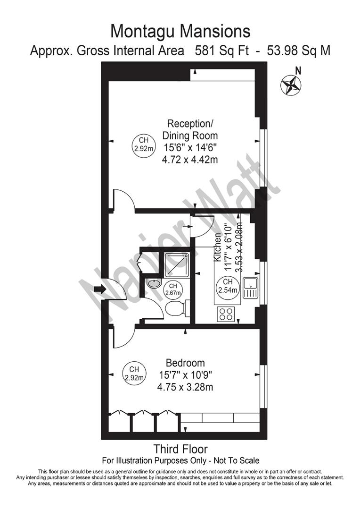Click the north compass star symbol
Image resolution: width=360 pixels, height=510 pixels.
coord(291,85)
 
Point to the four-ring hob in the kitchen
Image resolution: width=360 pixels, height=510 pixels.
coord(227,314)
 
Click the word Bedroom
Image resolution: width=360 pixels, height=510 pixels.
coord(185,363)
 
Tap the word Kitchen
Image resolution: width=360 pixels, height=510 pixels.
coord(218,248)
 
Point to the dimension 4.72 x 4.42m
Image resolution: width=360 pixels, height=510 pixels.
coord(190,160)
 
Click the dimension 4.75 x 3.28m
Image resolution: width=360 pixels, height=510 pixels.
coord(185,388)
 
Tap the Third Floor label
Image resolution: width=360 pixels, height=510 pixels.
coord(180,449)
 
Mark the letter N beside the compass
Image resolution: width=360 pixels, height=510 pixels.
coord(298,70)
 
